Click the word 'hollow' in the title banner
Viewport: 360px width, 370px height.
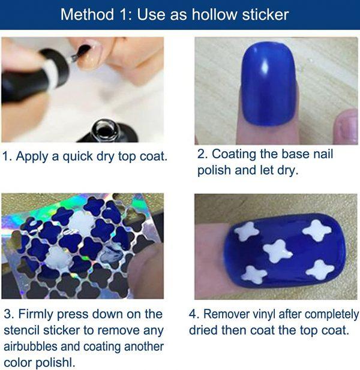tap(214, 14)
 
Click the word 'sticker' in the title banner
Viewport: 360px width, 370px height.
tap(265, 14)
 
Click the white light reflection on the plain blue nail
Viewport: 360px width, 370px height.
tap(265, 66)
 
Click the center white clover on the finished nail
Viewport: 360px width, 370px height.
tap(278, 251)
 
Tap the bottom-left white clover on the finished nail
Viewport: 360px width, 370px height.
tap(254, 275)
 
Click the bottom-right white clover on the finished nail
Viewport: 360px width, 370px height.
tap(320, 270)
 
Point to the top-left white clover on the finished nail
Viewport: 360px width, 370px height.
tap(247, 231)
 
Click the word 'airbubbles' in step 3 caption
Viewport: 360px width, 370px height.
tap(31, 347)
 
